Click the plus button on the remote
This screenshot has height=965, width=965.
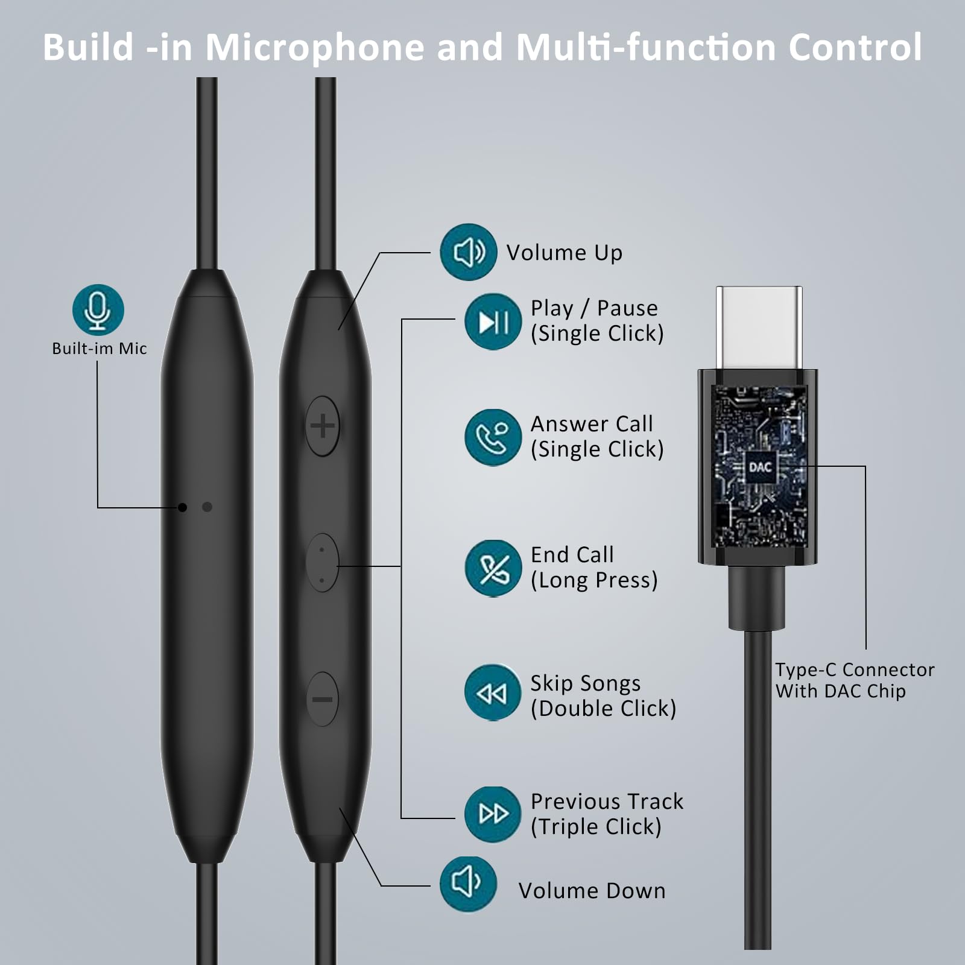coord(323,426)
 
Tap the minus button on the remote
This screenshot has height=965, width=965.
coord(323,699)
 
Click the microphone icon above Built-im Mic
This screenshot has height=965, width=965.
coord(98,309)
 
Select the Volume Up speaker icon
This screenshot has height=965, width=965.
coord(468,252)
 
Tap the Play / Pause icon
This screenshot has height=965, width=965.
coord(493,321)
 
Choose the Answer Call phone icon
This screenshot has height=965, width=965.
coord(493,438)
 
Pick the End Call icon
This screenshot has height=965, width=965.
coord(493,568)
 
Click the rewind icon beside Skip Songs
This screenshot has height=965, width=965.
coord(492,693)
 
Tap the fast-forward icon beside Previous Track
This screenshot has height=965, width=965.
coord(493,814)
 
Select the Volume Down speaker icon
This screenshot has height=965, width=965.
coord(468,884)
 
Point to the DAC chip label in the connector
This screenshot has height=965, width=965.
coord(760,467)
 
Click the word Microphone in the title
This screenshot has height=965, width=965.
coord(315,47)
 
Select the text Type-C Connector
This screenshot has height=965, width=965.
coord(855,669)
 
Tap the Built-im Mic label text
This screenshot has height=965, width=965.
coord(100,349)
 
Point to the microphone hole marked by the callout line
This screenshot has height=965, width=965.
coord(183,507)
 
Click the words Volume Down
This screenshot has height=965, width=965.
coord(592,891)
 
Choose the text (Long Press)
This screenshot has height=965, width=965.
coord(594,580)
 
